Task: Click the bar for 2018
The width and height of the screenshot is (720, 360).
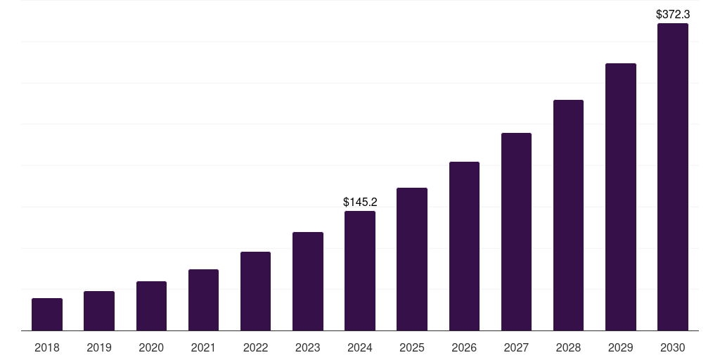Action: pyautogui.click(x=47, y=314)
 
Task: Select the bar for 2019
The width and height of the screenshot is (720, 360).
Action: pyautogui.click(x=99, y=311)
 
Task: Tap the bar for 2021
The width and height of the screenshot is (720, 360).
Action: pyautogui.click(x=203, y=300)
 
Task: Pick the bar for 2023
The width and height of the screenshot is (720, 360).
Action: pyautogui.click(x=308, y=281)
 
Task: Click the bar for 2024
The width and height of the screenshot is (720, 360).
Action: pyautogui.click(x=360, y=271)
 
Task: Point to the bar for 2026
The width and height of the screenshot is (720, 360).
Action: pyautogui.click(x=464, y=246)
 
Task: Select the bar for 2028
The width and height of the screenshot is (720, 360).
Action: pyautogui.click(x=568, y=215)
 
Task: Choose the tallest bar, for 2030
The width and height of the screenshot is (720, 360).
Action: pyautogui.click(x=673, y=177)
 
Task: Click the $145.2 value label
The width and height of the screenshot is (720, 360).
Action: pyautogui.click(x=360, y=202)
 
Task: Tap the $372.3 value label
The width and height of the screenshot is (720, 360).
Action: pyautogui.click(x=673, y=14)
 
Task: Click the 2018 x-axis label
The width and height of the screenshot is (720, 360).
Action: pyautogui.click(x=47, y=347)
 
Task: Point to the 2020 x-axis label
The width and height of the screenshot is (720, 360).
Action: pyautogui.click(x=151, y=347)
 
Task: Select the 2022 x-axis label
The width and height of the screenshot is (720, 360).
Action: pyautogui.click(x=256, y=347)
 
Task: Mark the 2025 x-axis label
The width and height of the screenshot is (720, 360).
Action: pyautogui.click(x=412, y=347)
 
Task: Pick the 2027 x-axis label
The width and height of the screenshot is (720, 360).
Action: pyautogui.click(x=516, y=347)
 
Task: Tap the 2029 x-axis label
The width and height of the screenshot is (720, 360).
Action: pyautogui.click(x=621, y=347)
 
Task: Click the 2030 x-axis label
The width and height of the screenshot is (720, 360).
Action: pyautogui.click(x=673, y=347)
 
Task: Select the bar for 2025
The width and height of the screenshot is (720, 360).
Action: pyautogui.click(x=412, y=259)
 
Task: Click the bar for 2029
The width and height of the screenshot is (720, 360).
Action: pyautogui.click(x=621, y=197)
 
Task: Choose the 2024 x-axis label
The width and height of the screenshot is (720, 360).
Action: pyautogui.click(x=360, y=347)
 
